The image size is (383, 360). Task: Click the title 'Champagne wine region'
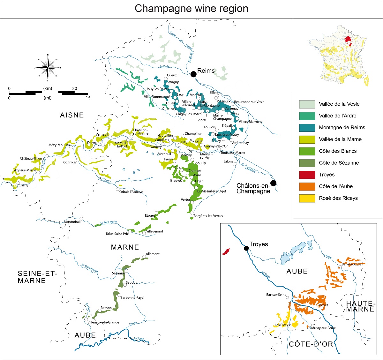pyautogui.click(x=191, y=9)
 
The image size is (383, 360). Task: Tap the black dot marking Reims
pyautogui.click(x=193, y=74)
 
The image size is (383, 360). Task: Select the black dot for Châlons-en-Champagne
pyautogui.click(x=274, y=183)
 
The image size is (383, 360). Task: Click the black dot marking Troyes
pyautogui.click(x=246, y=248)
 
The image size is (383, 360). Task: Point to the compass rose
pyautogui.click(x=48, y=68)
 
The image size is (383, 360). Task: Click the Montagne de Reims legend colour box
pyautogui.click(x=307, y=128)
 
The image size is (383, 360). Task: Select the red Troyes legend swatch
pyautogui.click(x=307, y=175)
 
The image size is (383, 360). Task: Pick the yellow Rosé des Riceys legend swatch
pyautogui.click(x=307, y=198)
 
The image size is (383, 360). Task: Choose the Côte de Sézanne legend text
pyautogui.click(x=339, y=163)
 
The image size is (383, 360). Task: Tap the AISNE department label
pyautogui.click(x=72, y=115)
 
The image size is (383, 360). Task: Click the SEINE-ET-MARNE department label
pyautogui.click(x=37, y=277)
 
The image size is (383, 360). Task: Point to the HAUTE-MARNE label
pyautogui.click(x=360, y=306)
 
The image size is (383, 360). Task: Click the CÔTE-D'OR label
pyautogui.click(x=311, y=344)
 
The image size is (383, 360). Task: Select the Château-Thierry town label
pyautogui.click(x=32, y=159)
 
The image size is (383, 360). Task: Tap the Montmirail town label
pyautogui.click(x=72, y=222)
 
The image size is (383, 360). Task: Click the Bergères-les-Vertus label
pyautogui.click(x=208, y=216)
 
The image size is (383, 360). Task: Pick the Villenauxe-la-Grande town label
pyautogui.click(x=103, y=322)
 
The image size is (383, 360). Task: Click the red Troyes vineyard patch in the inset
pyautogui.click(x=226, y=251)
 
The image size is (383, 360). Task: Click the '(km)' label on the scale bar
pyautogui.click(x=48, y=88)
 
